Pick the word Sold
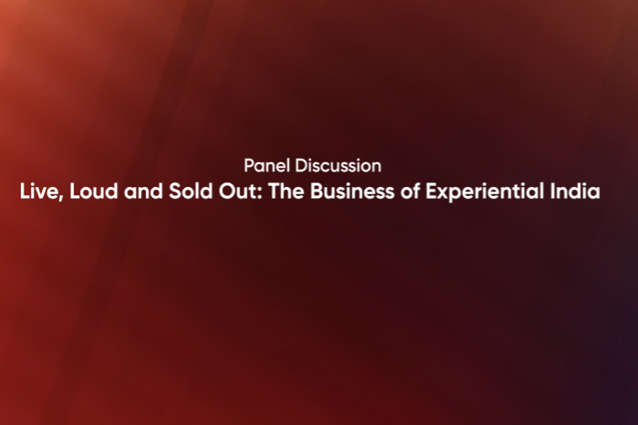point(185,192)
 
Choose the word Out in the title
point(229,192)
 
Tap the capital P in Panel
point(249,166)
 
